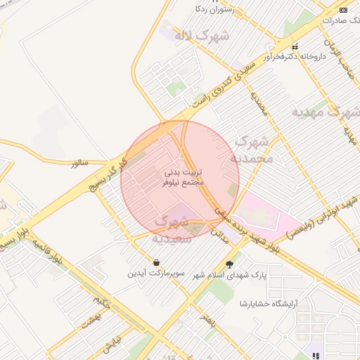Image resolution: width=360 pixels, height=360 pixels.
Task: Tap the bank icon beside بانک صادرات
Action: (x=343, y=10)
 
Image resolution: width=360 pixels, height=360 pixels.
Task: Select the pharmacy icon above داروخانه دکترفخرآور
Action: (x=295, y=46)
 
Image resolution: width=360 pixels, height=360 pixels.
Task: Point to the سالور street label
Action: (x=79, y=163)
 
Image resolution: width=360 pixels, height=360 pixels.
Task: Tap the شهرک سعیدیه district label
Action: (x=170, y=230)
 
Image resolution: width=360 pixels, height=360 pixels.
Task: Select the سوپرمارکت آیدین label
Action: (x=155, y=273)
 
